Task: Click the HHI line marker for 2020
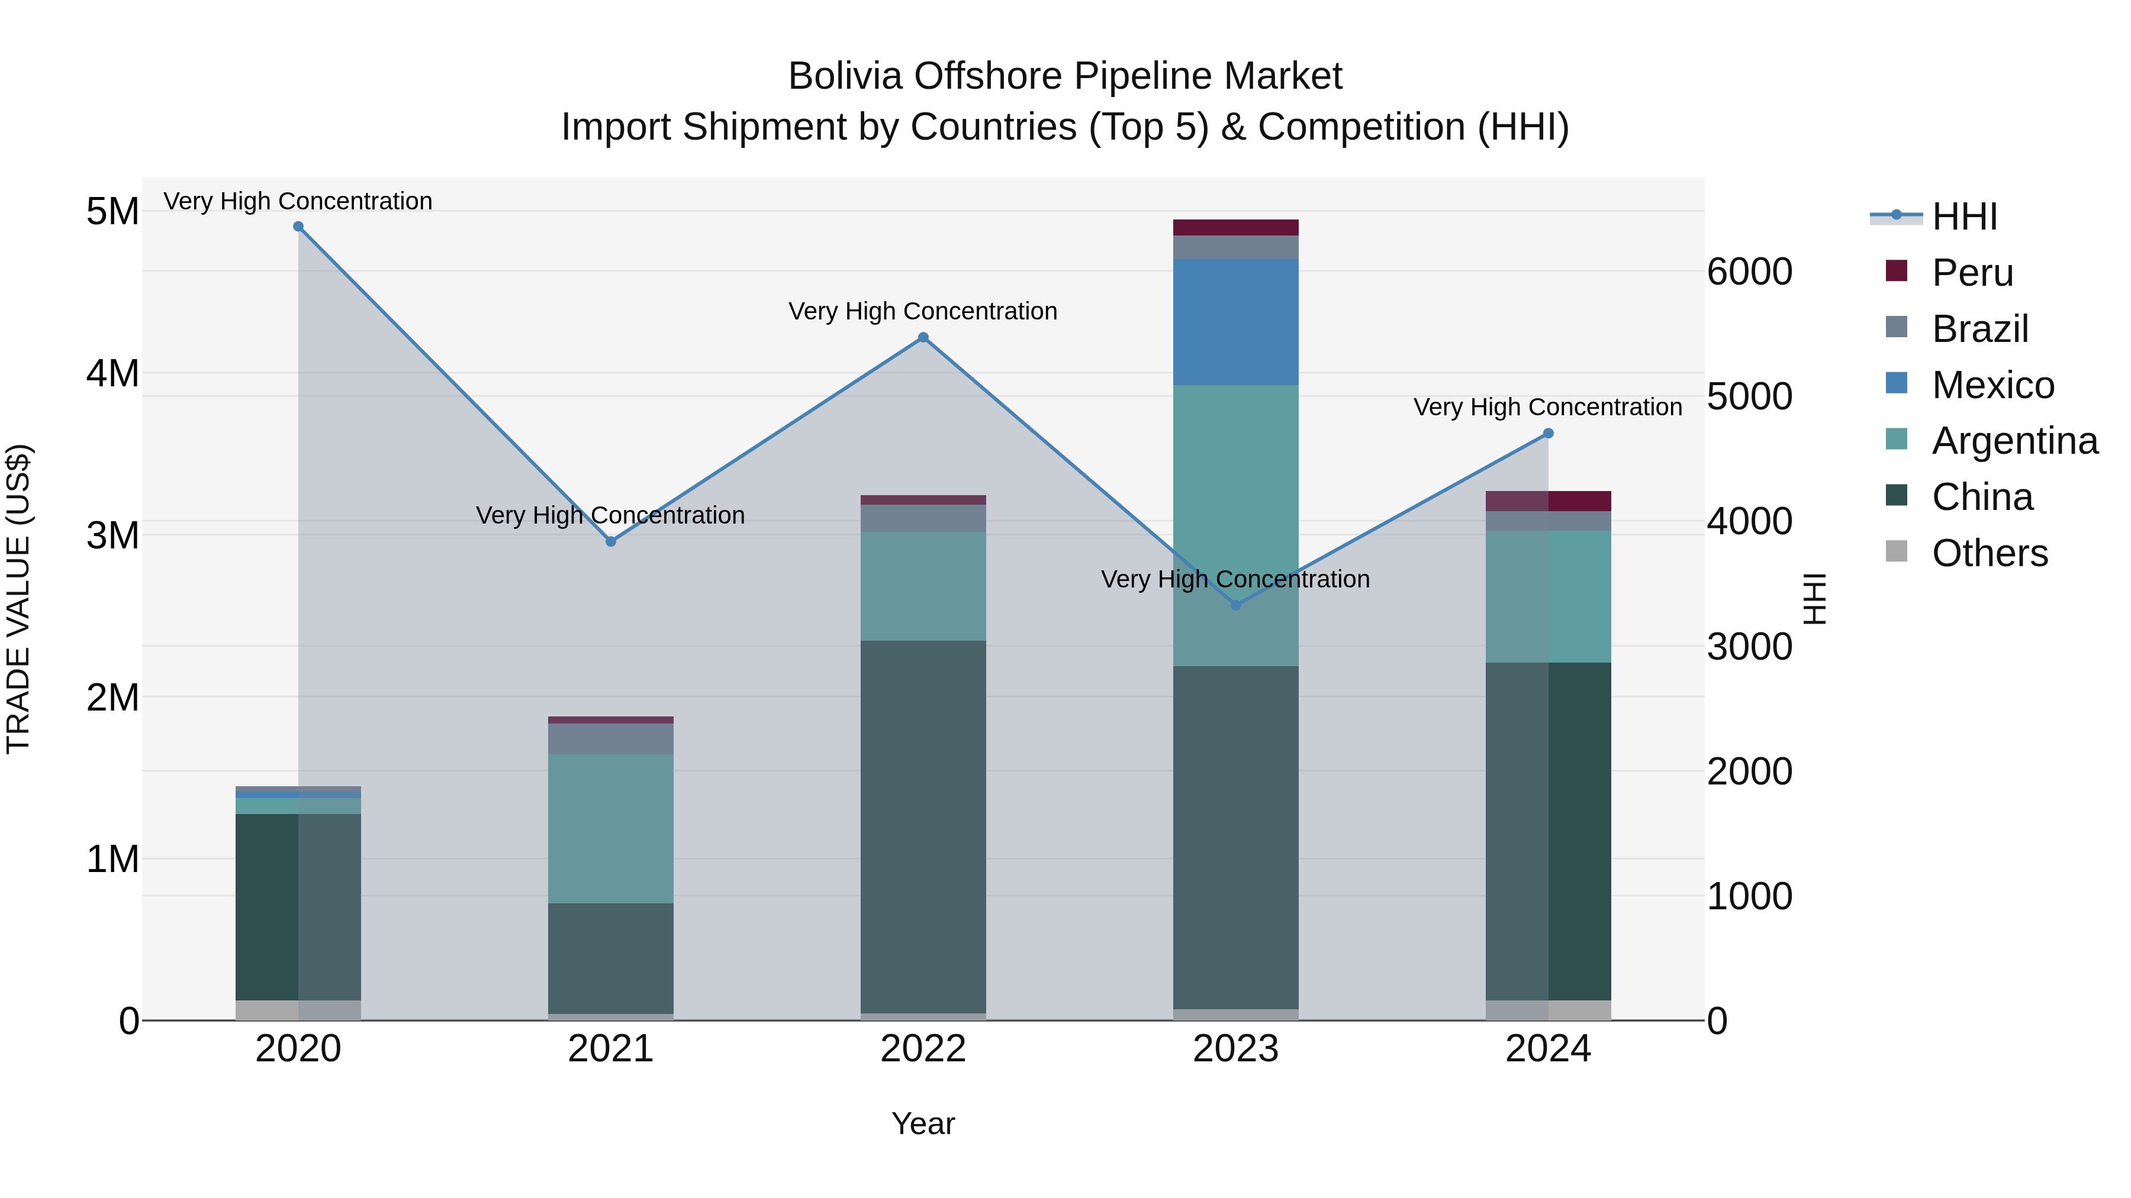point(299,227)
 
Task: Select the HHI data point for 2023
point(1236,605)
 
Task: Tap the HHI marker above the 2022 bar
point(923,337)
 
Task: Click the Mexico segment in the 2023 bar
point(1236,322)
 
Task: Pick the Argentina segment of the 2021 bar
point(610,828)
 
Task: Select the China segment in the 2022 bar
point(923,827)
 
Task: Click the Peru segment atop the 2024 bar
point(1548,501)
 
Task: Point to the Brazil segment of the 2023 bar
point(1236,247)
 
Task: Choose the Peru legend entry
point(1972,273)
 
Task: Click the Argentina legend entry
point(2014,441)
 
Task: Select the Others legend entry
point(1990,553)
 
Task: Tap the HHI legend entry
point(1965,217)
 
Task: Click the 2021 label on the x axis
point(610,1049)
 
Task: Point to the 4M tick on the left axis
point(112,373)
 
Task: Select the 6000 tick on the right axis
point(1749,272)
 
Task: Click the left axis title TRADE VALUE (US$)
point(18,599)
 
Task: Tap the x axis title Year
point(923,1123)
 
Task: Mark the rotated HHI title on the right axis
point(1814,599)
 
